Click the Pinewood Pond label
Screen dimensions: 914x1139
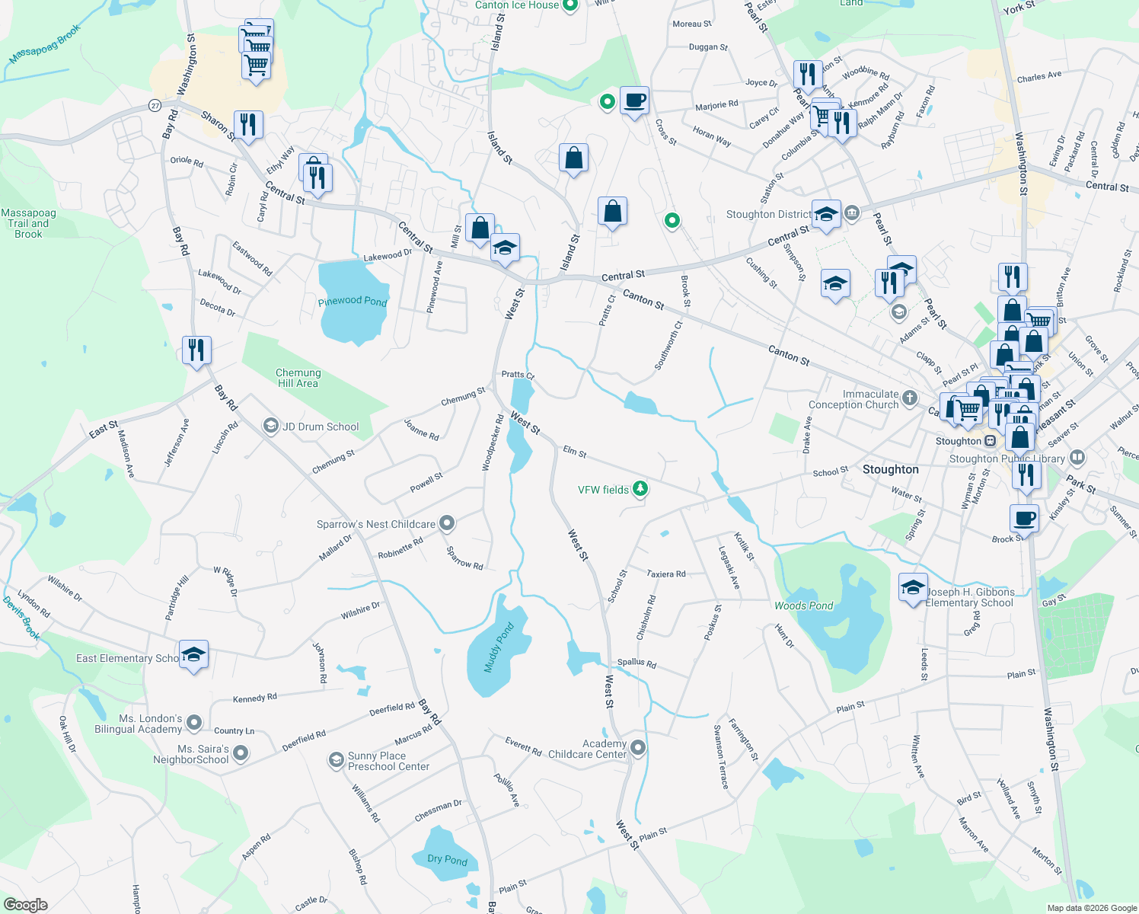coord(353,301)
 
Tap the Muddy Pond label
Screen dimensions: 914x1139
coord(499,647)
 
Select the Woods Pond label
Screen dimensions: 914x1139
coord(803,606)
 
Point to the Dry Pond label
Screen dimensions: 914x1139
coord(447,859)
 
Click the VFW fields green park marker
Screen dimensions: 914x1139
coord(640,489)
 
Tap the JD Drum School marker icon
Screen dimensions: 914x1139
coord(270,426)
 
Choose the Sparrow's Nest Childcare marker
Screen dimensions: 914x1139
coord(447,523)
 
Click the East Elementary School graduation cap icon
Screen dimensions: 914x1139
coord(193,655)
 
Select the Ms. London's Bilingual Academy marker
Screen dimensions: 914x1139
coord(194,722)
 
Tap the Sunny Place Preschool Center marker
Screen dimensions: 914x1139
coord(336,760)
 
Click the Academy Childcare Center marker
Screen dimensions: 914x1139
coord(638,748)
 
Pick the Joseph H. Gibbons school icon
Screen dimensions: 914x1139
coord(913,588)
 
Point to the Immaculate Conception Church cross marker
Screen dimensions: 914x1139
coord(909,398)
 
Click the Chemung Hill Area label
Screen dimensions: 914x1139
coord(298,378)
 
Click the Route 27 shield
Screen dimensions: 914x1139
coord(155,105)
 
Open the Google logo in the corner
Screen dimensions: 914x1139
coord(25,905)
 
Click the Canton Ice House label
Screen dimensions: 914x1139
coord(517,5)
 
